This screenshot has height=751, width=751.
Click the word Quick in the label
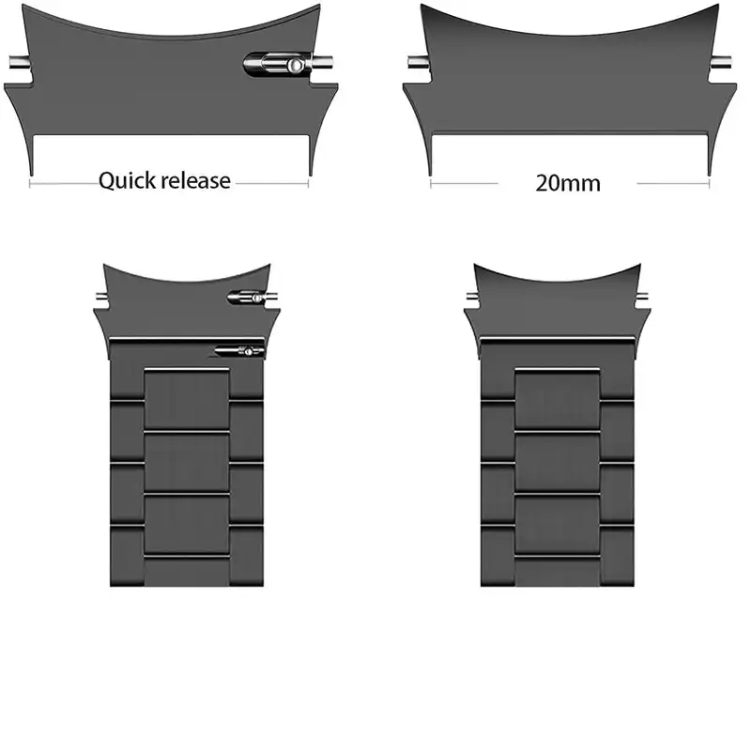[128, 181]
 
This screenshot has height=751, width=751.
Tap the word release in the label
[196, 180]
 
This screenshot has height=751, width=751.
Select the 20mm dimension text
[568, 183]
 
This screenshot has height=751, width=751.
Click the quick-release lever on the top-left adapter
[278, 65]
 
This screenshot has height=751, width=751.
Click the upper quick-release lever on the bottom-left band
[247, 298]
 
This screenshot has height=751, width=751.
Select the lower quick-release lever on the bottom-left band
[239, 351]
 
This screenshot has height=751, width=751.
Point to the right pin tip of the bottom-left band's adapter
[272, 297]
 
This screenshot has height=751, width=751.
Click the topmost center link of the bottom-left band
[186, 398]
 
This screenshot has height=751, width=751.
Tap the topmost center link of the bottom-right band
[558, 398]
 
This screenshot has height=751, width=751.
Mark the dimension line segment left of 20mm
[464, 183]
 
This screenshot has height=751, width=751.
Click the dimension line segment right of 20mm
[673, 183]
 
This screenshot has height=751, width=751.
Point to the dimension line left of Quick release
[64, 183]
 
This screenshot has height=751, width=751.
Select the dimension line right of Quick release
[272, 183]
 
